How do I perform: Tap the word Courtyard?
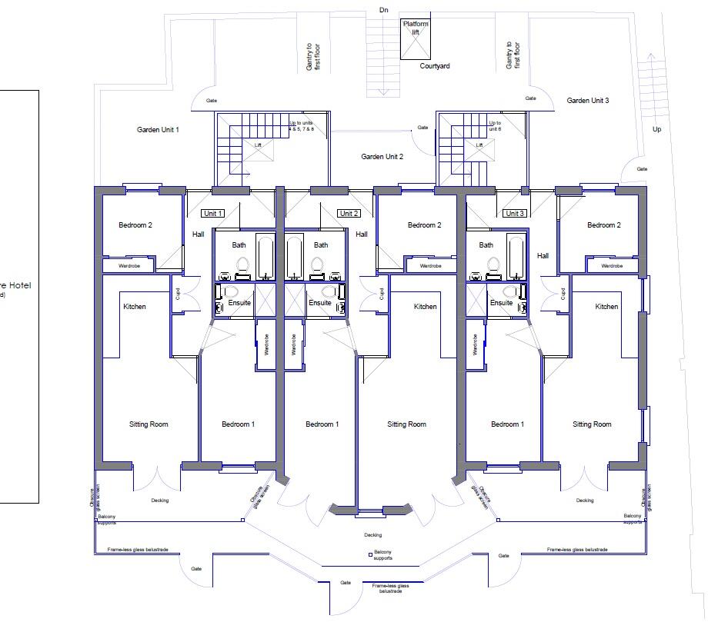coord(435,66)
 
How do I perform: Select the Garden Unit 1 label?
coord(158,130)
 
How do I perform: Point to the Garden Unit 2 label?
coord(382,156)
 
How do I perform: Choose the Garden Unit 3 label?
coord(588,101)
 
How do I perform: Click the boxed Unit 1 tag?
coord(212,213)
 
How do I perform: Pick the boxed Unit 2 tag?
coord(349,213)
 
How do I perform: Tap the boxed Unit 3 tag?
coord(515,213)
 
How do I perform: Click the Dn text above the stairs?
coord(384,10)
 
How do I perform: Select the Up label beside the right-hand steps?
coord(656,129)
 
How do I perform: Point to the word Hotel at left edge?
coord(18,285)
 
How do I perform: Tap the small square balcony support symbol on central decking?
coord(370,553)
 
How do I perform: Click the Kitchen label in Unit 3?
coord(606,307)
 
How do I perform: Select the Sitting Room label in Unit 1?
coord(149,424)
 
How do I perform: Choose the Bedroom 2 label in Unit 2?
coord(424,225)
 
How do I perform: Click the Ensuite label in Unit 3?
coord(501,303)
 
